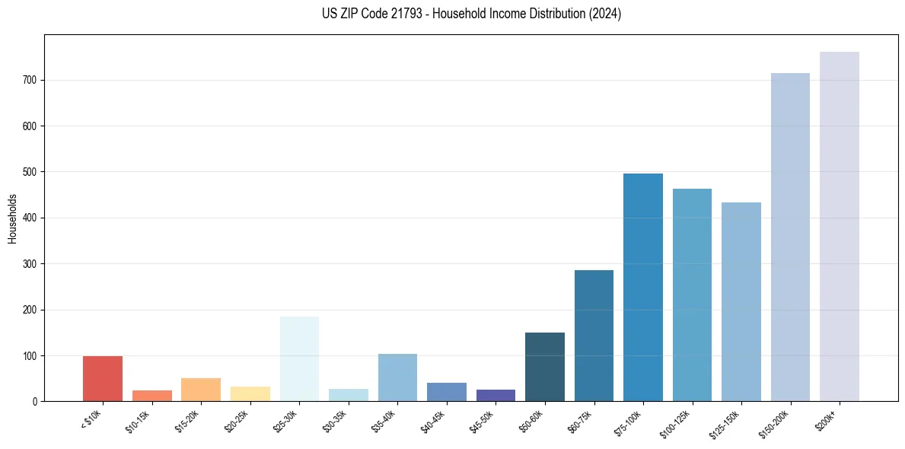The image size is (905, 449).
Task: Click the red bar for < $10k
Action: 103,378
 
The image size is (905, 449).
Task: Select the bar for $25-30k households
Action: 299,358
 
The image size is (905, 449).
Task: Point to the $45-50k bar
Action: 496,395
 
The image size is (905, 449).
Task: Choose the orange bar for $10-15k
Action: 152,396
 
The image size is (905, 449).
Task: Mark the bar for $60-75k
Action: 594,336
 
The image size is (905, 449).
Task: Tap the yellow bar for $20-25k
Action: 250,393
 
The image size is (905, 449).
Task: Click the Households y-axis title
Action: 12,218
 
